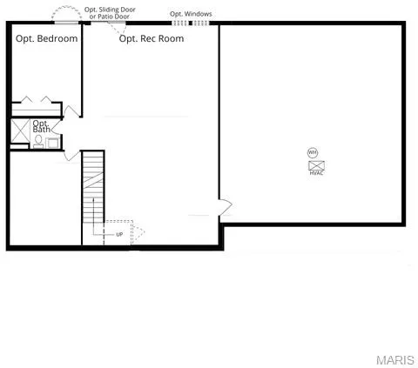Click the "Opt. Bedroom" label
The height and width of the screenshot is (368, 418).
click(x=47, y=39)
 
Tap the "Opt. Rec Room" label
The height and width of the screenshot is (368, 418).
click(x=152, y=39)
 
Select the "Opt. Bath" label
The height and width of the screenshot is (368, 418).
click(x=41, y=127)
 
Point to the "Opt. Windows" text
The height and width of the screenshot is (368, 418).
click(x=190, y=14)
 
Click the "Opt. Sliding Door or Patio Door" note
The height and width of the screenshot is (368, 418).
click(x=110, y=13)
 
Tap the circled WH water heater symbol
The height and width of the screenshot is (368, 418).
click(x=313, y=153)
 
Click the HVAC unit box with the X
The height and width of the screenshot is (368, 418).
click(x=316, y=164)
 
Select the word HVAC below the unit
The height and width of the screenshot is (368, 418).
click(x=316, y=173)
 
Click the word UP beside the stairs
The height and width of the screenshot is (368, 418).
click(x=119, y=234)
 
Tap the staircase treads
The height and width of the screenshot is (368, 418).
click(x=93, y=187)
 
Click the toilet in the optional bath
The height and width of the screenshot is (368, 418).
click(x=38, y=140)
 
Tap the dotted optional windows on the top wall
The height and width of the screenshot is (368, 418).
click(x=191, y=23)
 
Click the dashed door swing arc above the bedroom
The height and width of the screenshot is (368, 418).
click(x=64, y=16)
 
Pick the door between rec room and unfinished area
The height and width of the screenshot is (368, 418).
click(x=225, y=207)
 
